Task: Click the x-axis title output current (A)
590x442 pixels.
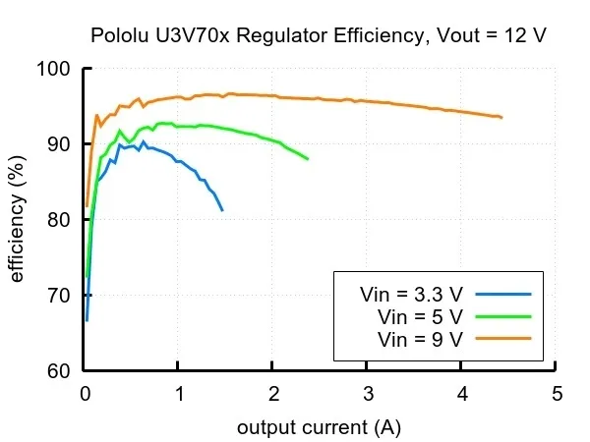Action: tap(319, 428)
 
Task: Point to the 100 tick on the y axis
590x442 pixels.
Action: tap(57, 69)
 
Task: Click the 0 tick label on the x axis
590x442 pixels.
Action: tap(85, 395)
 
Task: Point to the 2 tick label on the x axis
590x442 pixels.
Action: tap(273, 395)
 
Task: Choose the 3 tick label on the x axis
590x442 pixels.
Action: tap(368, 395)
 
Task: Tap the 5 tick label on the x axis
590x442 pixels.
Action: tap(557, 395)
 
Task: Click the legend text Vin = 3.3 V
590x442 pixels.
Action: tap(411, 294)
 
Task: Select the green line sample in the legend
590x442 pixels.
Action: tap(501, 316)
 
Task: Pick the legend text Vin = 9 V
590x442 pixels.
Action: tap(421, 339)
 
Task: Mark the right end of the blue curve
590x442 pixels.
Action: tap(222, 210)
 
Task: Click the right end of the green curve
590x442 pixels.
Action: tap(308, 158)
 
